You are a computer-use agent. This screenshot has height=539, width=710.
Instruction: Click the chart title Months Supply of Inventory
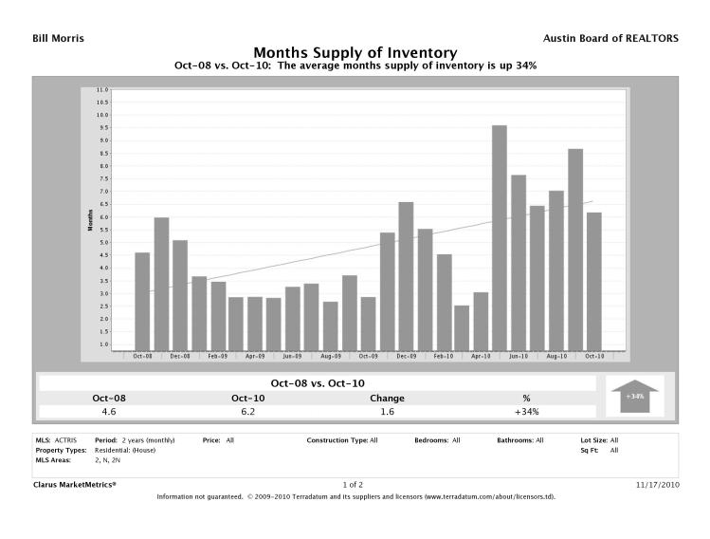[x=355, y=53]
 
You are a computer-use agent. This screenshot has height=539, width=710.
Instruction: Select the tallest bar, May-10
[x=499, y=237]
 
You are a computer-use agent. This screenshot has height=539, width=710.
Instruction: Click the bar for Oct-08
[x=142, y=301]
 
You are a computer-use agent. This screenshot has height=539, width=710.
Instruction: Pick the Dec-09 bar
[x=405, y=275]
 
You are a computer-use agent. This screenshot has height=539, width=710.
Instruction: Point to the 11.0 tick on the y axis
[x=102, y=89]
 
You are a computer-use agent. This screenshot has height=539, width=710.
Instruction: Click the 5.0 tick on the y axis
[x=102, y=242]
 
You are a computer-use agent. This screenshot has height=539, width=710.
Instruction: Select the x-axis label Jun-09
[x=292, y=357]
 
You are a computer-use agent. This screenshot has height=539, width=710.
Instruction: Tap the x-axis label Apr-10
[x=480, y=357]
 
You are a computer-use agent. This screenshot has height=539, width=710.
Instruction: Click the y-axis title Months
[x=89, y=220]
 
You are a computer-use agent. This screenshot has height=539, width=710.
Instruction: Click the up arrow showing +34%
[x=635, y=395]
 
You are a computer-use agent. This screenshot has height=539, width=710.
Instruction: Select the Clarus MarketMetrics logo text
[x=75, y=484]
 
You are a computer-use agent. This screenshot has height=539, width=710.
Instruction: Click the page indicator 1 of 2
[x=355, y=484]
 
